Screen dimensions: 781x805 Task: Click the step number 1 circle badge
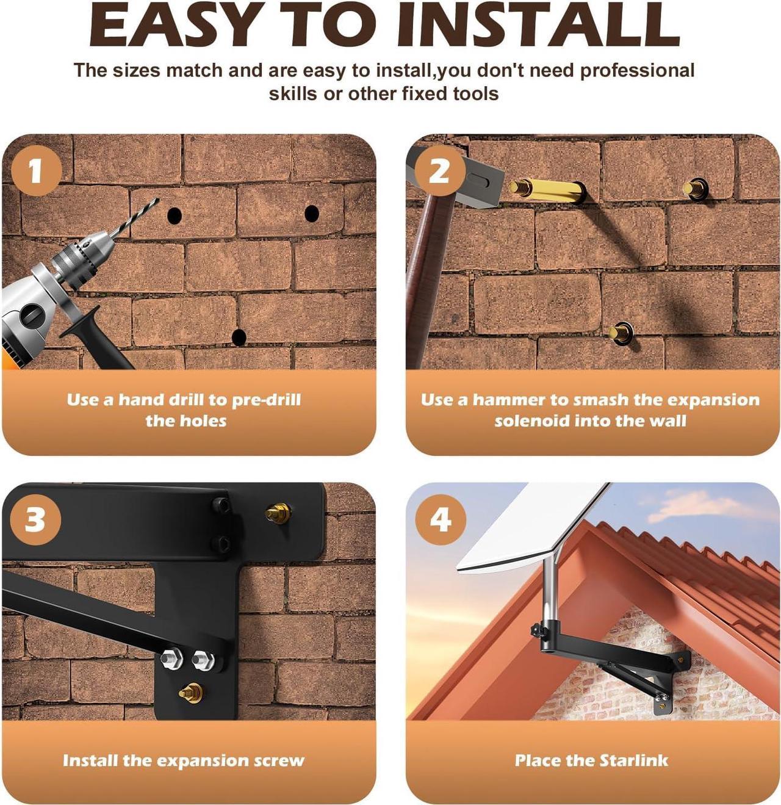[x=37, y=170]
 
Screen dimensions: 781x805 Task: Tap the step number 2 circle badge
[x=440, y=170]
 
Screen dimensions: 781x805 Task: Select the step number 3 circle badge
[x=35, y=520]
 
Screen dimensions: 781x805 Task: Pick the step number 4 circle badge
[x=441, y=520]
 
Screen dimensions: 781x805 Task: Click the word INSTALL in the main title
[x=538, y=26]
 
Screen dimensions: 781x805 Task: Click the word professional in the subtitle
[x=636, y=71]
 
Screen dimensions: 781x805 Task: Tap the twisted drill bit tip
[x=157, y=200]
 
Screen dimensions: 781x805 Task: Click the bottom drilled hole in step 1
[x=239, y=337]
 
